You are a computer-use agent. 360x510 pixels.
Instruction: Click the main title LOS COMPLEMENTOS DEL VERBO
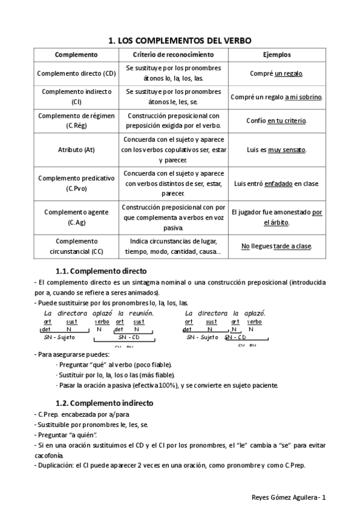(179, 40)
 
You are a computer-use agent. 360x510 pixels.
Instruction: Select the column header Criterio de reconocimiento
(173, 54)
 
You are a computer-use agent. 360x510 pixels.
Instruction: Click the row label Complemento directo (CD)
(76, 73)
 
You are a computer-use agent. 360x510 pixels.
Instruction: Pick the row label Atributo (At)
(76, 149)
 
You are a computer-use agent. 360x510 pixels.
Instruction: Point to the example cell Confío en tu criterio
(276, 120)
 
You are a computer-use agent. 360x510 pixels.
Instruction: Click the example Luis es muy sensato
(276, 149)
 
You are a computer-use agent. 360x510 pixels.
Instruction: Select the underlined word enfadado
(278, 183)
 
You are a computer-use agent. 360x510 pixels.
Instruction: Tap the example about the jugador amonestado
(276, 217)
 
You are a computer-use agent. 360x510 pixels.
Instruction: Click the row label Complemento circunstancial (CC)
(76, 246)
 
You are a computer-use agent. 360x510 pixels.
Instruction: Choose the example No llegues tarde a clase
(276, 246)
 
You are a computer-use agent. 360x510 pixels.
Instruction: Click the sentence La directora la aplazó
(225, 313)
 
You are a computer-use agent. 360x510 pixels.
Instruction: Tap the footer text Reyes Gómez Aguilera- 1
(288, 497)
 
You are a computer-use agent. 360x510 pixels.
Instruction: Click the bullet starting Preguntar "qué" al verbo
(113, 364)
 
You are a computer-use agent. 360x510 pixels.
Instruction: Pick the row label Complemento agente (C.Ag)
(76, 217)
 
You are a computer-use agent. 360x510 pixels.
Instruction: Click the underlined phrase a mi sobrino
(303, 97)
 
